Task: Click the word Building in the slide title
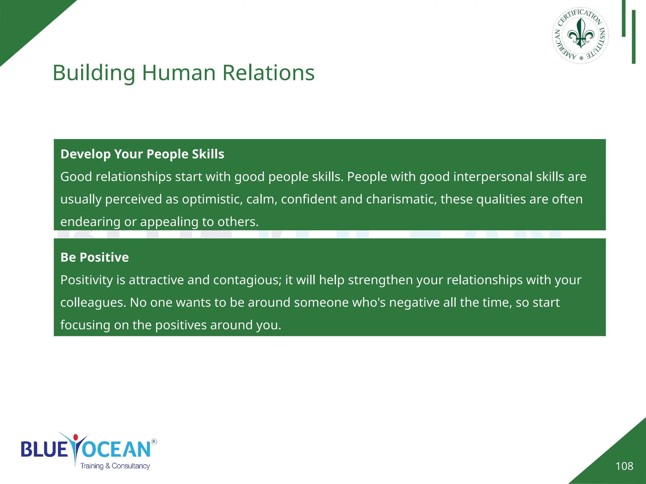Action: [x=94, y=73]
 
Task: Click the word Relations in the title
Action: [x=268, y=73]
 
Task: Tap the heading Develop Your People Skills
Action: [x=142, y=154]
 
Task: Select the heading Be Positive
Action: [x=95, y=257]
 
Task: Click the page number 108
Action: [x=624, y=466]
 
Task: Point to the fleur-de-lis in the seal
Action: [x=581, y=33]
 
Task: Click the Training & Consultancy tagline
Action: [x=115, y=466]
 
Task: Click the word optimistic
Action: [x=212, y=199]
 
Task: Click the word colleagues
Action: [x=93, y=302]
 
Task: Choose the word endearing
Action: [x=90, y=222]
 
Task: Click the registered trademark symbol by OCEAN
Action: [x=154, y=441]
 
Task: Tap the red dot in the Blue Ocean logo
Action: [x=75, y=437]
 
